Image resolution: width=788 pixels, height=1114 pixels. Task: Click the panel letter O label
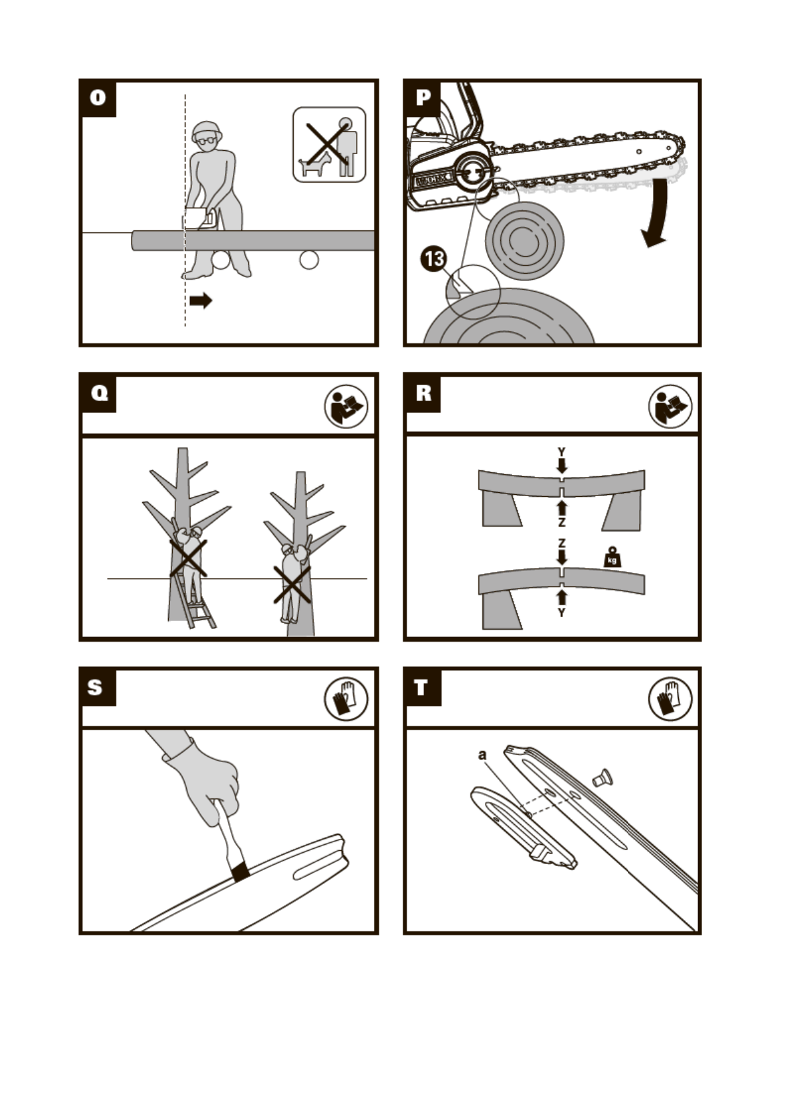[98, 97]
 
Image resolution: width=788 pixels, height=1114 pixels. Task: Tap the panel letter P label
[423, 97]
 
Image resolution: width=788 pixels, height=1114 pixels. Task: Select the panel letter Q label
[99, 393]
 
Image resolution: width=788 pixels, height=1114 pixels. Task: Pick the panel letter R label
[423, 393]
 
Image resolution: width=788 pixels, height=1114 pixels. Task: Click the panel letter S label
[95, 687]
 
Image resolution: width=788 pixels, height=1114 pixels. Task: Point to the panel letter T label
[421, 687]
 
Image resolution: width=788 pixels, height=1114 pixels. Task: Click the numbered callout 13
[434, 259]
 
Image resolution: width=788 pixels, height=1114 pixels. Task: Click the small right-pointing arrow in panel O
[201, 300]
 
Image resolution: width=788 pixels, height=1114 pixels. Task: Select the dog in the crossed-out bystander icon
[314, 165]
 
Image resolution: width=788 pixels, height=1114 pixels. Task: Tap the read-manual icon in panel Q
[346, 406]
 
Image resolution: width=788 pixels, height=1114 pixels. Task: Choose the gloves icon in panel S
[346, 699]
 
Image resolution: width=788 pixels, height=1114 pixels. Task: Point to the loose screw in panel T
[603, 778]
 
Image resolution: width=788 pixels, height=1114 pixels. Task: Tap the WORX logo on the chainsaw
[431, 181]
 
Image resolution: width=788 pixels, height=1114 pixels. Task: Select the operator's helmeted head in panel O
[207, 135]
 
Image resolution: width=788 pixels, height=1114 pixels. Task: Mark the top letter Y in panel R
[561, 452]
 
